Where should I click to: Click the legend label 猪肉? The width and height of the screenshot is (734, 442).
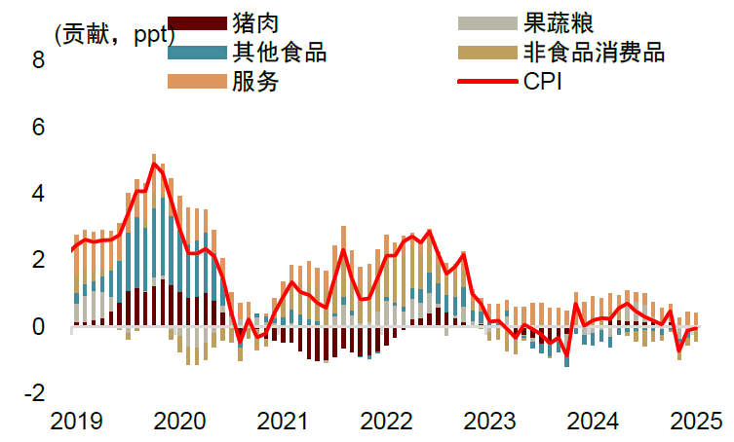(x=256, y=22)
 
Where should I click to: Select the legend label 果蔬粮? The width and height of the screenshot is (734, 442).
(x=560, y=22)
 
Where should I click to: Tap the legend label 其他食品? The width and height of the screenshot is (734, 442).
(x=280, y=52)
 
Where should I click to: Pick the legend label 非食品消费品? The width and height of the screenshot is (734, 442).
(x=595, y=52)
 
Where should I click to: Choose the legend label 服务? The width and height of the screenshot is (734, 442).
(x=256, y=82)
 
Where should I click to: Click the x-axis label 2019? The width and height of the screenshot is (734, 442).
(x=76, y=421)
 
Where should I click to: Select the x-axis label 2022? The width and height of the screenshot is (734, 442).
(x=386, y=421)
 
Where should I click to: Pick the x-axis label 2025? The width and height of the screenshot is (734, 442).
(x=696, y=421)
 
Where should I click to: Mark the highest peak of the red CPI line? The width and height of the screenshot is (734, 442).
(x=153, y=164)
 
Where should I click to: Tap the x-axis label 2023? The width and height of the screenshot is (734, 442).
(x=489, y=421)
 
